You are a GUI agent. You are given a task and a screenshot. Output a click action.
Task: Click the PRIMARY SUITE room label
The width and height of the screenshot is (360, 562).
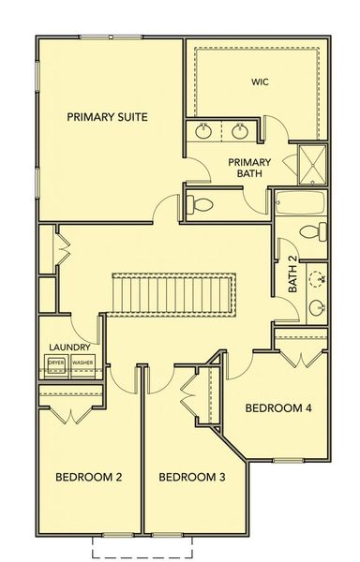(109, 117)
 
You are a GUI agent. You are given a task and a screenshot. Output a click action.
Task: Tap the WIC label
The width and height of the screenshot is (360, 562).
(260, 81)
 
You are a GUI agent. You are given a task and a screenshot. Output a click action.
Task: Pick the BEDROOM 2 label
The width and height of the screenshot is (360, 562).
(89, 477)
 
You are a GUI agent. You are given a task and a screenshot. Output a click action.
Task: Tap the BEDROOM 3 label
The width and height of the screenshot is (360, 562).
(192, 477)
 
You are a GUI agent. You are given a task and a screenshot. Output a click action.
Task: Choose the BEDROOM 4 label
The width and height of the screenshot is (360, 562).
(278, 407)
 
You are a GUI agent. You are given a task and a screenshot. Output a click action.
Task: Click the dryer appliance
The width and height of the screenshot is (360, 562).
(56, 362)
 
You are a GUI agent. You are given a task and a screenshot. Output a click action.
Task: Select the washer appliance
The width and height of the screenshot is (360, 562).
(82, 362)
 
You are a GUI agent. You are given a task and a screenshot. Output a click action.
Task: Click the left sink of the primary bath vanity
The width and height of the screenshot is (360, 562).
(205, 130)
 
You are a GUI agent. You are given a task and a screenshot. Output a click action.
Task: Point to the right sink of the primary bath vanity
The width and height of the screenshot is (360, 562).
(240, 130)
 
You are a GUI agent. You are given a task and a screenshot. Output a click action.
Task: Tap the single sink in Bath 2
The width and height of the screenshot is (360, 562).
(317, 306)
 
